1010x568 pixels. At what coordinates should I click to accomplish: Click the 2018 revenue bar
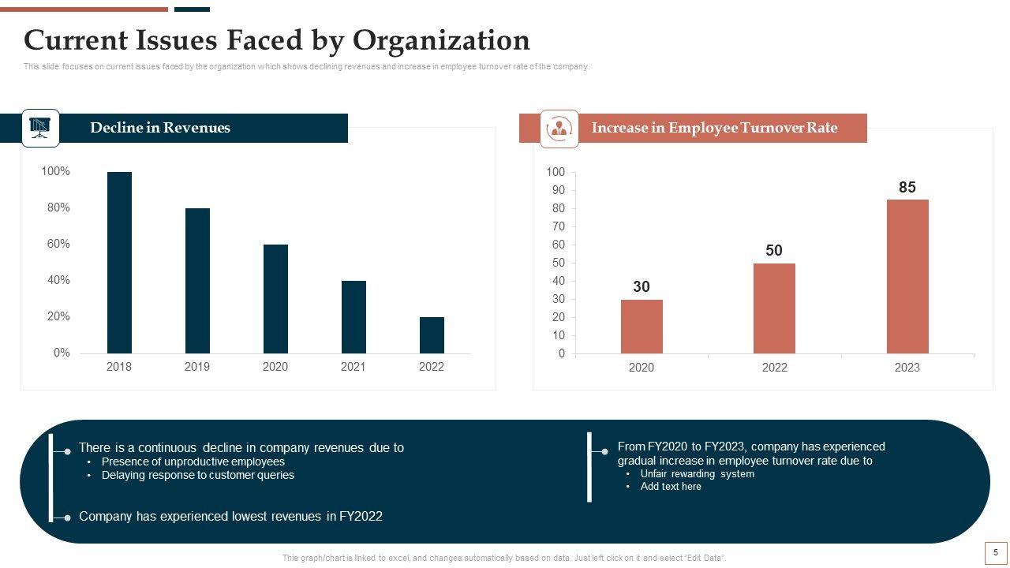coord(119,262)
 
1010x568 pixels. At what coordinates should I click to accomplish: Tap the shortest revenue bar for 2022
coord(432,334)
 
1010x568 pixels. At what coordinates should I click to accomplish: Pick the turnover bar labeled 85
coord(907,276)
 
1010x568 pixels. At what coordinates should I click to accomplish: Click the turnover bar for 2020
coord(642,326)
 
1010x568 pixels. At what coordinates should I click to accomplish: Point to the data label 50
coord(774,251)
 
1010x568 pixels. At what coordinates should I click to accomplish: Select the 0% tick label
coord(62,353)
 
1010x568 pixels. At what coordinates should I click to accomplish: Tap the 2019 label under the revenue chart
coord(197,367)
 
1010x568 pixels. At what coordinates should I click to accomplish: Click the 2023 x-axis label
coord(907,368)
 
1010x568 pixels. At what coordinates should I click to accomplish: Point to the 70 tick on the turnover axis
coord(559,227)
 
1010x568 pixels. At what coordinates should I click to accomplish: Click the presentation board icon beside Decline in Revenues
coord(40,128)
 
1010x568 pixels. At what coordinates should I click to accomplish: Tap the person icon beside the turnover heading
coord(559,129)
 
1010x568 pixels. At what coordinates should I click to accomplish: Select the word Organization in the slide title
coord(441,39)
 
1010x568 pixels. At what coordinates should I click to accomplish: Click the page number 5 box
coord(996,553)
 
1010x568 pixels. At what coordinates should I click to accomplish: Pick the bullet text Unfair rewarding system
coord(697,474)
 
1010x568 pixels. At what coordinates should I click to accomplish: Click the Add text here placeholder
coord(671,487)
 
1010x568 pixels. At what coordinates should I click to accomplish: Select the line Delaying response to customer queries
coord(197,476)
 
